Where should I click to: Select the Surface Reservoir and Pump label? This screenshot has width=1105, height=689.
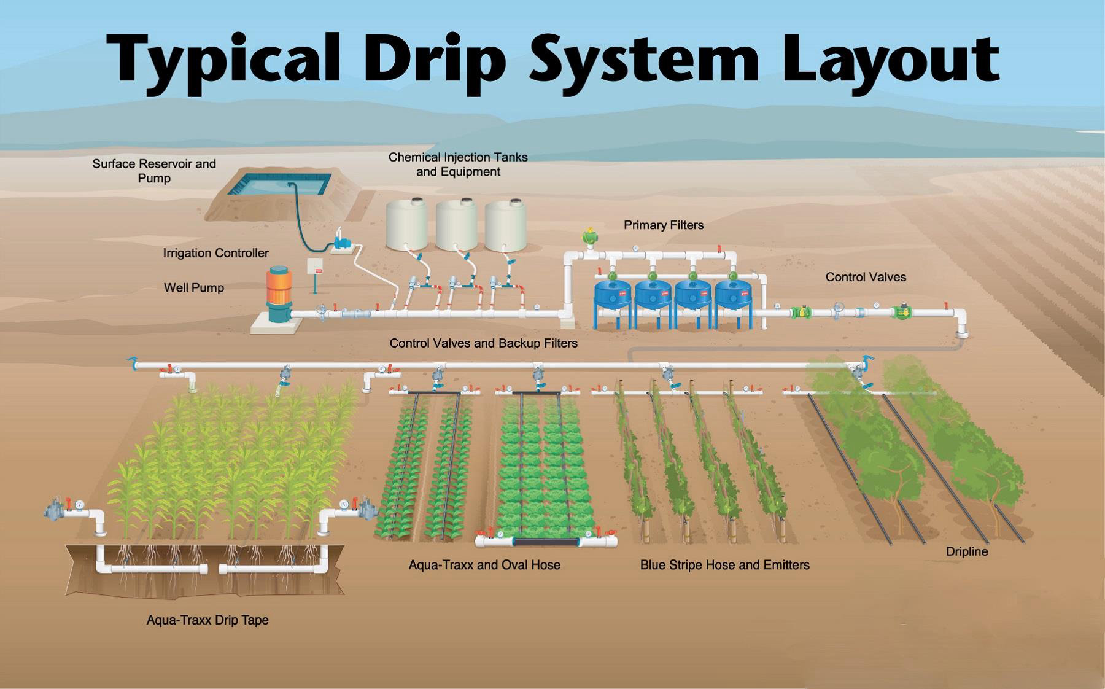[154, 171]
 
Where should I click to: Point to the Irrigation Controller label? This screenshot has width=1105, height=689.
[215, 253]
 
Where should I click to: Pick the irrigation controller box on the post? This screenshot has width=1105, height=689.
[316, 265]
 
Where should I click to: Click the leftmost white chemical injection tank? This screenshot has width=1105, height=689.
[406, 224]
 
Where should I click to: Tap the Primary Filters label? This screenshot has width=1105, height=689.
[664, 225]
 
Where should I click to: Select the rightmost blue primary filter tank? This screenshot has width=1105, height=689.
[734, 294]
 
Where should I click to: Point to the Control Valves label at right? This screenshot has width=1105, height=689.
[866, 277]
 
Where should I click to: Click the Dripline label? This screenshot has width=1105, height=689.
[967, 551]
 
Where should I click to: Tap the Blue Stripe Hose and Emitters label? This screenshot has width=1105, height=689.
[724, 565]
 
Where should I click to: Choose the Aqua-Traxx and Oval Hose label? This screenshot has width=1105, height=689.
[484, 565]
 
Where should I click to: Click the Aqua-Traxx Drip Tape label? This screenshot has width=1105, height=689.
[207, 620]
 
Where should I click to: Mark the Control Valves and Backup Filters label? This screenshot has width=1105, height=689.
[484, 343]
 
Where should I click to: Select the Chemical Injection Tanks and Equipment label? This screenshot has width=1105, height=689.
[458, 165]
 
